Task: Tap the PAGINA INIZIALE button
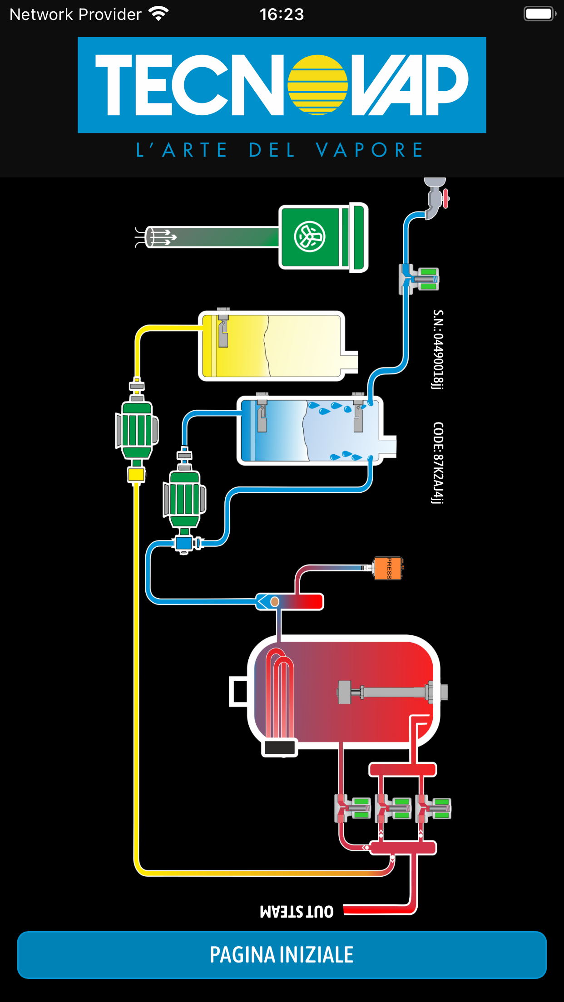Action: [x=282, y=954]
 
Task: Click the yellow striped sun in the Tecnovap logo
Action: [x=317, y=85]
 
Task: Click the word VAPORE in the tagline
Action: [x=369, y=150]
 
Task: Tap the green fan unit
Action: [x=323, y=237]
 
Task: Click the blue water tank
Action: [x=311, y=430]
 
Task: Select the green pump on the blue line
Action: [x=184, y=500]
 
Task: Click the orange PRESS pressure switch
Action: [x=388, y=568]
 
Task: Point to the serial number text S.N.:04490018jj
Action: [x=438, y=349]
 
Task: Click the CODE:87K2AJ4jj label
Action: [x=438, y=463]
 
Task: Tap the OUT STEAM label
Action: [x=297, y=911]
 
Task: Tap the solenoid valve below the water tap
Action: [x=419, y=279]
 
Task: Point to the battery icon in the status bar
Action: [x=539, y=14]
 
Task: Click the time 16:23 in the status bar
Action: [x=282, y=15]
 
